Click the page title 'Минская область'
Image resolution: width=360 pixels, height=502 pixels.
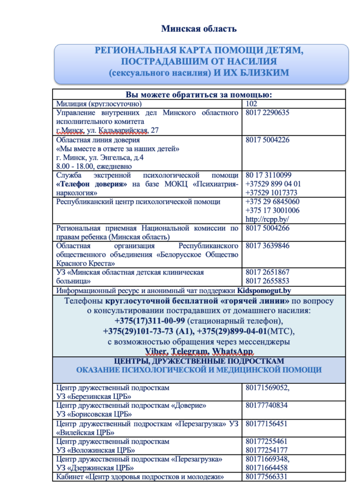[199, 29]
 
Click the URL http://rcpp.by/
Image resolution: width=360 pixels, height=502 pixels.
[267, 219]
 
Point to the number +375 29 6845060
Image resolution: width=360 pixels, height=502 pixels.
[272, 201]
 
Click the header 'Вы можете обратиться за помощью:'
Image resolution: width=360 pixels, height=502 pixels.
[199, 95]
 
